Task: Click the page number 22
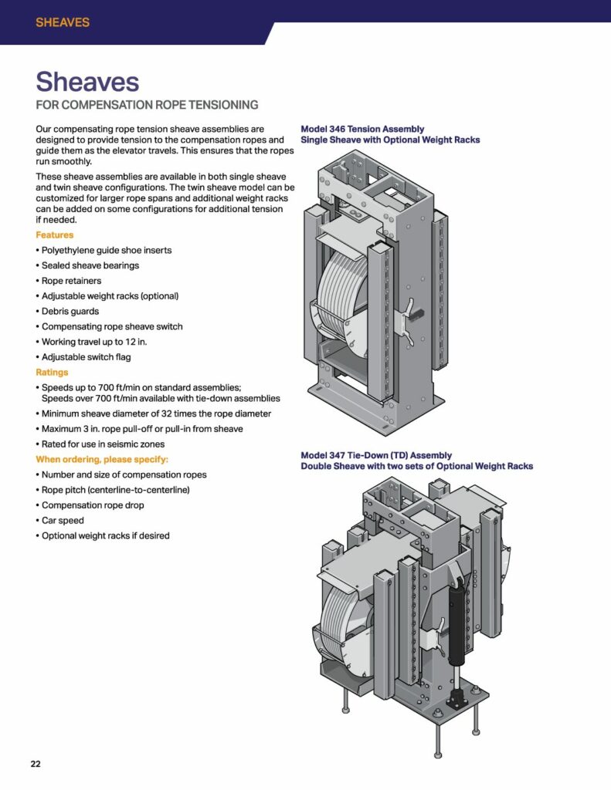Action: point(36,764)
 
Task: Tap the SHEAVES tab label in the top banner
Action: point(63,22)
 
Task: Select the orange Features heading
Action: point(55,235)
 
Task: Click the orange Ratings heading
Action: point(52,372)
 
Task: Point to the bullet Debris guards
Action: point(70,311)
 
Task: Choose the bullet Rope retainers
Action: point(71,281)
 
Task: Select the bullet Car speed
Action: point(63,520)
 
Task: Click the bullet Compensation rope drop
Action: point(93,505)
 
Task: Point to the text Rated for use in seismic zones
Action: point(103,444)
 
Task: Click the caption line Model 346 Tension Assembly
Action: point(362,129)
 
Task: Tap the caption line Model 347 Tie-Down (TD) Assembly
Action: point(376,455)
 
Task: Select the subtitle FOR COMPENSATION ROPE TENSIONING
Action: point(147,105)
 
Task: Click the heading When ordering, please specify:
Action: point(102,459)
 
